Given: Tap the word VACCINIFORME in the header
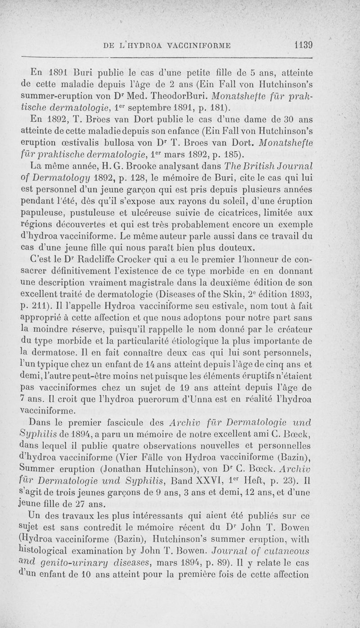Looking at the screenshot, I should [x=200, y=45].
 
